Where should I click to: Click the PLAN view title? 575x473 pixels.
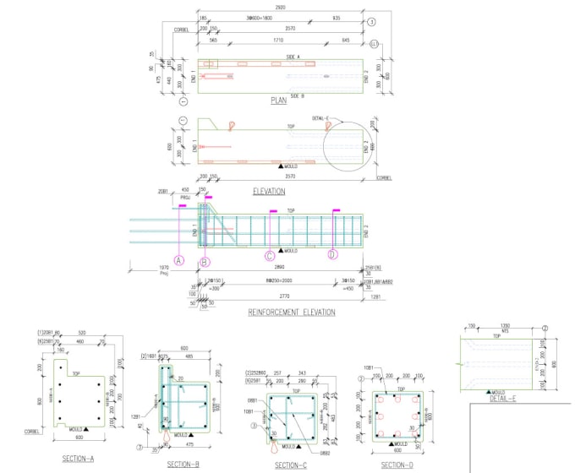click(278, 101)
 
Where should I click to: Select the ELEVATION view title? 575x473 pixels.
click(269, 192)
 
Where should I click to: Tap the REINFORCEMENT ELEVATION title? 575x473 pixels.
click(291, 313)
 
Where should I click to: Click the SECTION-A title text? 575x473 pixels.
click(79, 459)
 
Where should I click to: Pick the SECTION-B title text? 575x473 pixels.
click(183, 465)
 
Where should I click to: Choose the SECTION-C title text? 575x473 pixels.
click(291, 465)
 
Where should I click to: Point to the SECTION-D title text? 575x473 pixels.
click(397, 465)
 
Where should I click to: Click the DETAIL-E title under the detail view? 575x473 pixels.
click(502, 398)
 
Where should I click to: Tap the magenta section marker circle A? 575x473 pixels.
click(179, 261)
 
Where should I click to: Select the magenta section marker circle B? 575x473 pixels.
click(205, 261)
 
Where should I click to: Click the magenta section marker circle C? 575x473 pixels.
click(270, 255)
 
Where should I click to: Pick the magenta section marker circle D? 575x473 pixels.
click(332, 254)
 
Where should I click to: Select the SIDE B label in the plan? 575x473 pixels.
click(296, 95)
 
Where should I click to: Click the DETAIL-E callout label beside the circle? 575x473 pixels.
click(324, 119)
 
